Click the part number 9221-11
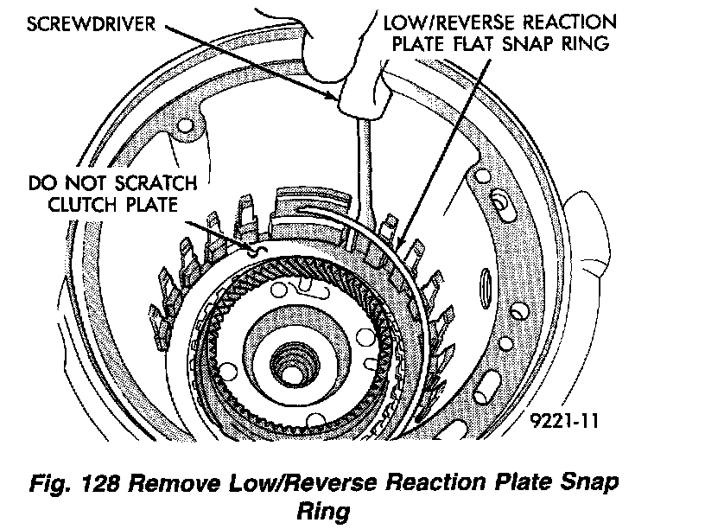point(566,422)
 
